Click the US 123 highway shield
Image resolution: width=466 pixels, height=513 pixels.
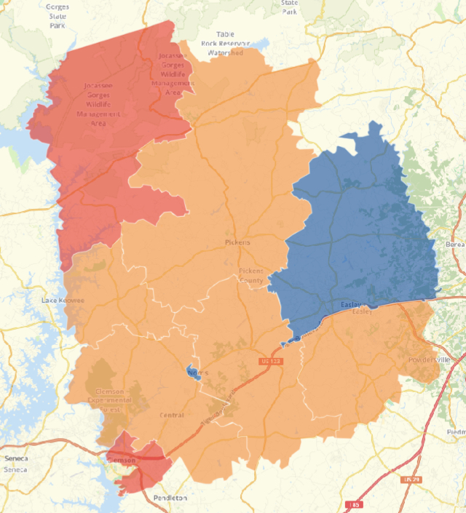click(x=271, y=360)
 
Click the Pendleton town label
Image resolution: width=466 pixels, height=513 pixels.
click(x=170, y=498)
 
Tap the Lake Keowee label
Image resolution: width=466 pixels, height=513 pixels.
click(x=63, y=300)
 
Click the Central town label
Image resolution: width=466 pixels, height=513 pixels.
click(x=172, y=415)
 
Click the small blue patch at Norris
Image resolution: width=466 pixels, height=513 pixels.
click(x=191, y=370)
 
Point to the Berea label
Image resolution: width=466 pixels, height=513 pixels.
click(x=456, y=244)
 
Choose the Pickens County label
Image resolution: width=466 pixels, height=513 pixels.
click(x=251, y=276)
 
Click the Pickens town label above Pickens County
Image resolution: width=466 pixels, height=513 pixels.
click(x=237, y=242)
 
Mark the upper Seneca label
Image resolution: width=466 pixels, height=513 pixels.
click(x=15, y=458)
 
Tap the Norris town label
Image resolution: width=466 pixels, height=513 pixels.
click(x=198, y=373)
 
